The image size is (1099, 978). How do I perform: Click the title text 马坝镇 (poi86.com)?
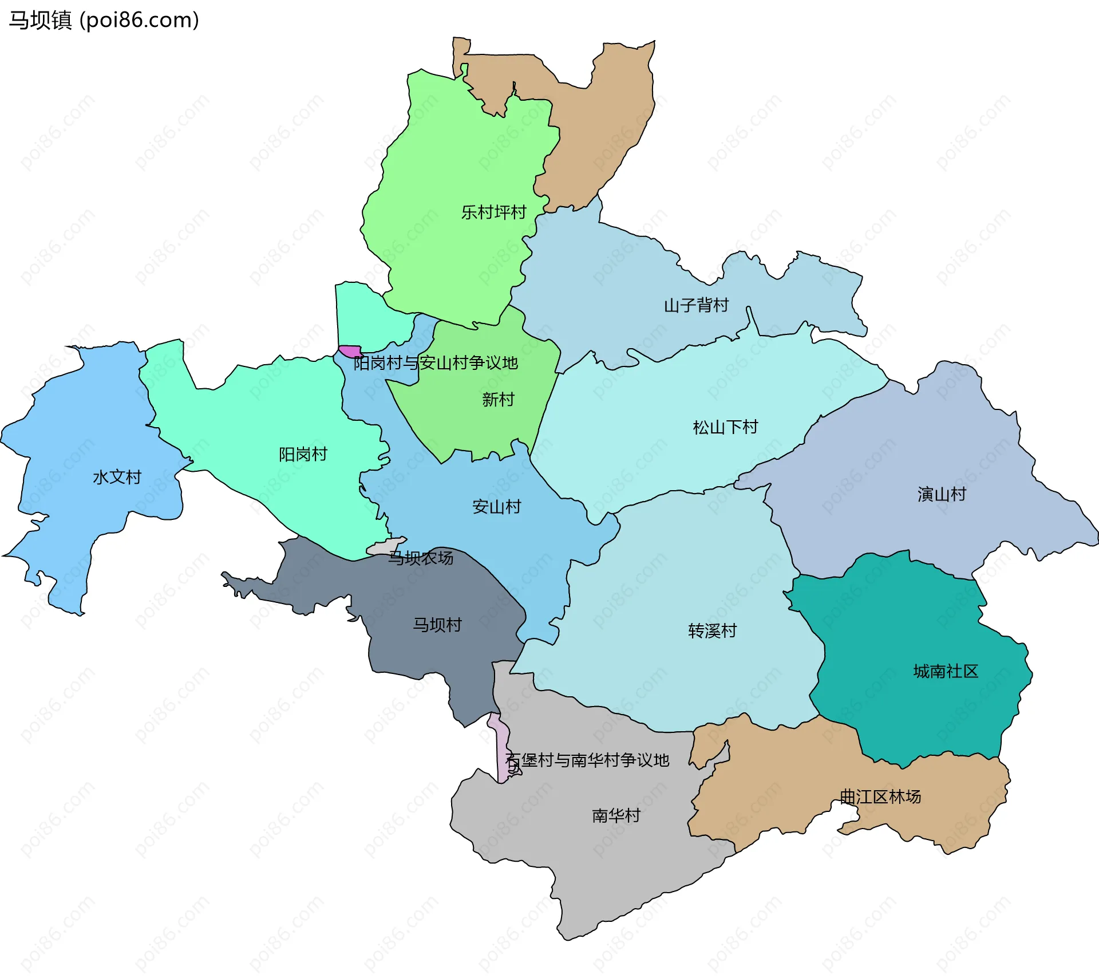point(104,21)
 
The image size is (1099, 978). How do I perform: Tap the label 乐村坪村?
point(493,212)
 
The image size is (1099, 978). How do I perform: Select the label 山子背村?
point(696,305)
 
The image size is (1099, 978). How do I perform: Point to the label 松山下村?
point(725,427)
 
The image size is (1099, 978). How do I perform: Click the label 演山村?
point(942,494)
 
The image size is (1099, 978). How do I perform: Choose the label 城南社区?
point(946,671)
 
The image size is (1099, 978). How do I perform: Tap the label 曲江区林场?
point(880,796)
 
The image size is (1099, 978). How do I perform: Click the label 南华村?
point(616,815)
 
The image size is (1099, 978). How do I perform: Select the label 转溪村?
point(712,631)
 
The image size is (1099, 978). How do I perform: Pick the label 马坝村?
point(437,625)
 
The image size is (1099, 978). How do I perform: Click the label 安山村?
point(496,507)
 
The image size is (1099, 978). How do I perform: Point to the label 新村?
point(498,399)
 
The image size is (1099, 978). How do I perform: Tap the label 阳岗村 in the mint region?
point(303,455)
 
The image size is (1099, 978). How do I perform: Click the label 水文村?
point(117,477)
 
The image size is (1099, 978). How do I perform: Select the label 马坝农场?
point(421,558)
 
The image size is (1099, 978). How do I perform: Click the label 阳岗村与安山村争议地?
point(435,363)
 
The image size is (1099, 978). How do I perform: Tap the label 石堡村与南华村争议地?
point(588,760)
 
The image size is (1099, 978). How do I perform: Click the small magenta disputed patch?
point(350,351)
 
